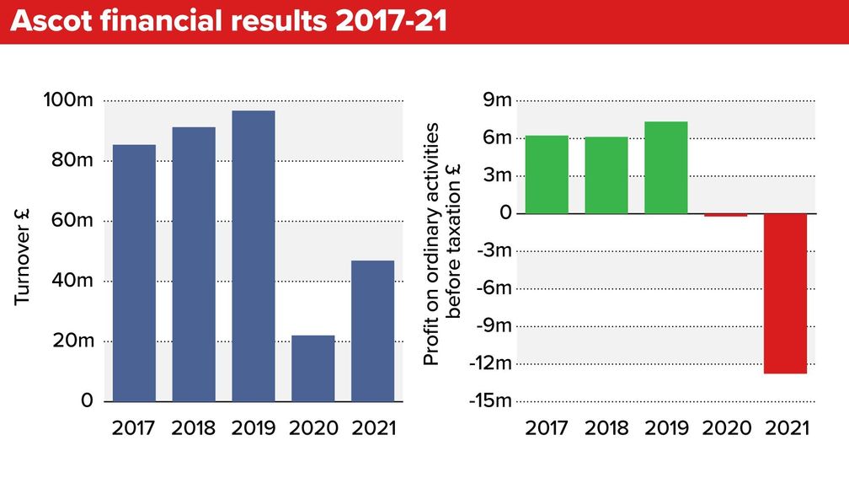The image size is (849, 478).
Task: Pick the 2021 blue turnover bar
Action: [x=372, y=330]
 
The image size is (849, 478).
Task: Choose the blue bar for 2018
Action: [x=194, y=264]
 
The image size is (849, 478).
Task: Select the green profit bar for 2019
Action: [x=666, y=167]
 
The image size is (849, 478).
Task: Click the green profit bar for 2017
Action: [x=547, y=174]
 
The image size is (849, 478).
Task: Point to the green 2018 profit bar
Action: [x=606, y=175]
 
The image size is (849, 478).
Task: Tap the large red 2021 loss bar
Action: [x=785, y=293]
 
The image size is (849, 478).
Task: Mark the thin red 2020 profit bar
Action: [x=725, y=215]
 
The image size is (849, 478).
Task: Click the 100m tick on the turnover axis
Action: [x=68, y=101]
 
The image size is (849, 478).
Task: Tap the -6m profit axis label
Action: [x=494, y=288]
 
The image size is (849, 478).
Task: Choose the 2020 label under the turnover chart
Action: [x=312, y=427]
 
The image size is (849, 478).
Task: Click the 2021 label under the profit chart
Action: [x=786, y=427]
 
